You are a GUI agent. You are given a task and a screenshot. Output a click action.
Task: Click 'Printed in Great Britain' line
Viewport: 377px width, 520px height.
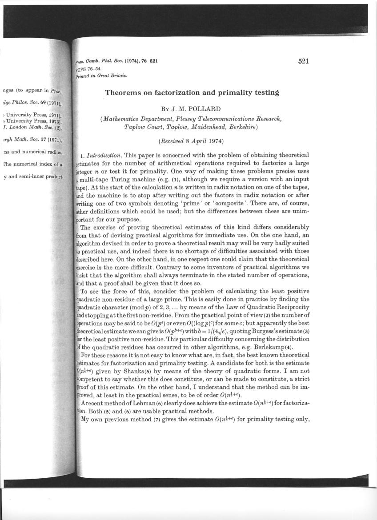tap(102, 76)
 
